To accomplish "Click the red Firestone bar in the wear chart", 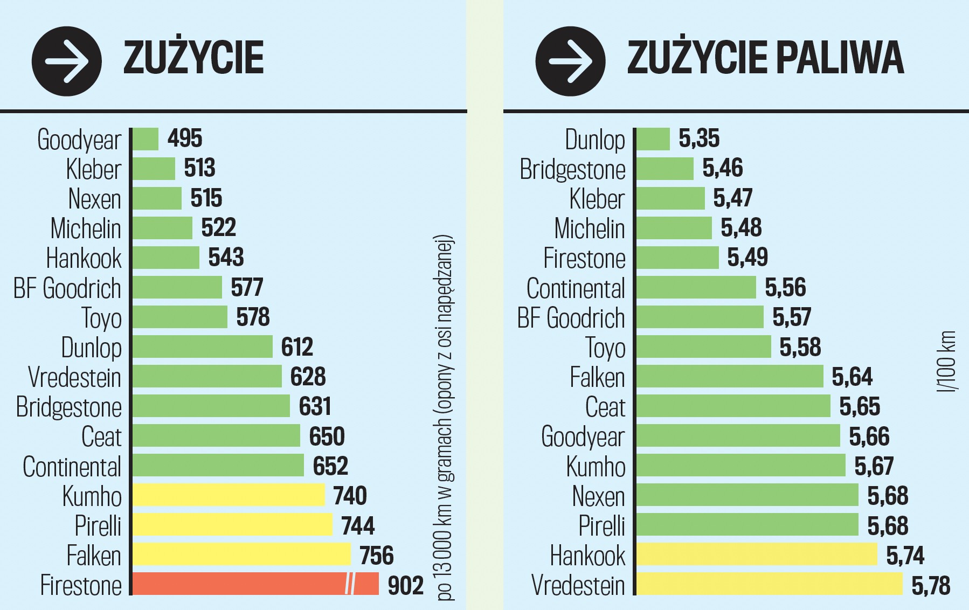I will pyautogui.click(x=237, y=584).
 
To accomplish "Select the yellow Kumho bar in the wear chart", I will pyautogui.click(x=229, y=495).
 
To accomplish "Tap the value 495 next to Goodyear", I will pyautogui.click(x=185, y=138).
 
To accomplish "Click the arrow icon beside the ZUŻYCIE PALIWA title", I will pyautogui.click(x=570, y=61).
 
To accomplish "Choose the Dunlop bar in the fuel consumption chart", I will pyautogui.click(x=653, y=139).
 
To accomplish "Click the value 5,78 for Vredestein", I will pyautogui.click(x=931, y=586).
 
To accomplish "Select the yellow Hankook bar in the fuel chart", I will pyautogui.click(x=757, y=554).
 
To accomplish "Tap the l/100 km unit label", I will pyautogui.click(x=947, y=362).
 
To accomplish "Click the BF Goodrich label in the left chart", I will pyautogui.click(x=67, y=288).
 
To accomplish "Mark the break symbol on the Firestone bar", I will pyautogui.click(x=350, y=584).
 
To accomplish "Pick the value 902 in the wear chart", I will pyautogui.click(x=406, y=586).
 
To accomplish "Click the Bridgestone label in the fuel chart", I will pyautogui.click(x=572, y=169).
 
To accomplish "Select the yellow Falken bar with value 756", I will pyautogui.click(x=241, y=554).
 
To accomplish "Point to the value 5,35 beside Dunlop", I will pyautogui.click(x=699, y=138).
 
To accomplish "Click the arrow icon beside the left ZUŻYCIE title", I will pyautogui.click(x=67, y=61).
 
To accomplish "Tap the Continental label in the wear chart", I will pyautogui.click(x=72, y=467).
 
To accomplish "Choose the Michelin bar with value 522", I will pyautogui.click(x=162, y=228).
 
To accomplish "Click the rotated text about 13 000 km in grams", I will pyautogui.click(x=445, y=418).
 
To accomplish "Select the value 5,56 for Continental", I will pyautogui.click(x=785, y=288).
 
